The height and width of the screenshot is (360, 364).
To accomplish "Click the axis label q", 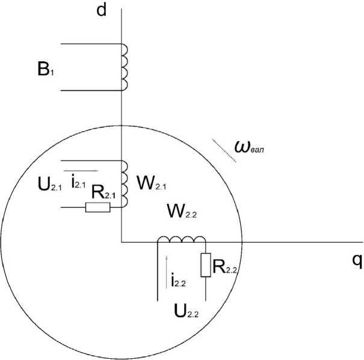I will click(356, 260).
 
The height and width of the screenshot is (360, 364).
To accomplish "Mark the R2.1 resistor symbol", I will click(97, 207).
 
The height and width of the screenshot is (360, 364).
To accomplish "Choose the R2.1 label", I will click(104, 193).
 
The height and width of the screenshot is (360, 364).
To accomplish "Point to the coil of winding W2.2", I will click(182, 240).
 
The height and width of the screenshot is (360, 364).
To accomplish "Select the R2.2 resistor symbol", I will click(206, 265).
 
